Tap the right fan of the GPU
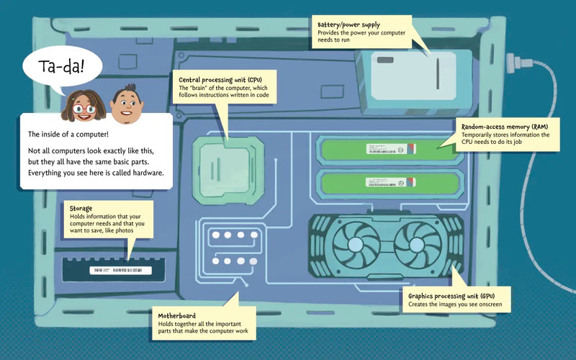pyautogui.click(x=418, y=244)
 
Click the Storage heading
pyautogui.click(x=81, y=209)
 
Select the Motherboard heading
pyautogui.click(x=177, y=315)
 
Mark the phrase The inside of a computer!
pyautogui.click(x=69, y=135)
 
